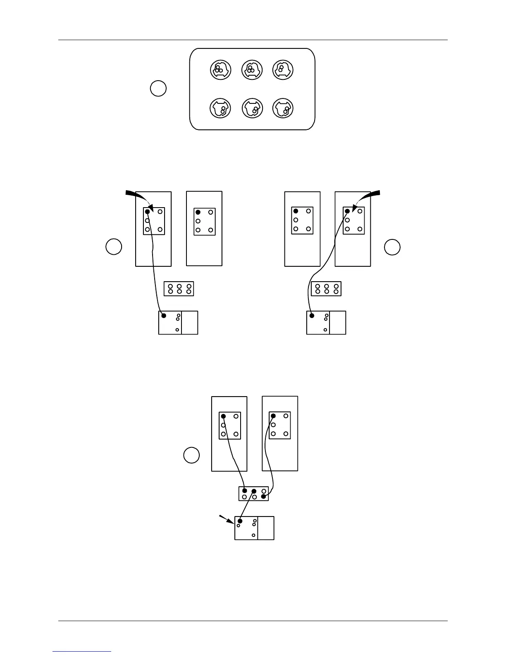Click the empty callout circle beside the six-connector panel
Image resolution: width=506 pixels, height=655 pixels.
(158, 88)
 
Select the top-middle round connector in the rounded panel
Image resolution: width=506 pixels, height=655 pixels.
(251, 69)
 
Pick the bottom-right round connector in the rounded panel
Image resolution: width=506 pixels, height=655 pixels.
(283, 109)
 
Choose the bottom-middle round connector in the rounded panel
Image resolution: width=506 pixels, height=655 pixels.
(251, 109)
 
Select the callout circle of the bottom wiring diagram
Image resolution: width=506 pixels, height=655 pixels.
(191, 455)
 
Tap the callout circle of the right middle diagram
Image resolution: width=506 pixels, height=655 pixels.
(392, 247)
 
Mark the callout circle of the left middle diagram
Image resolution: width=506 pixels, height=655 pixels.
(114, 246)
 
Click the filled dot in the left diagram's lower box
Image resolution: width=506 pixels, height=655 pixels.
(164, 316)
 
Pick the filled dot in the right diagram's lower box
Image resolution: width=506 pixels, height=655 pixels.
(312, 316)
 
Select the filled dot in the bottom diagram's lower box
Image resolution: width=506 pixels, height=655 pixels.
(240, 521)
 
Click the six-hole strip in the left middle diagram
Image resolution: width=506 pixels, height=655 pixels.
(179, 289)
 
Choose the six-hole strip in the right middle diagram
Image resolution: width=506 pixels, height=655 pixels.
(326, 289)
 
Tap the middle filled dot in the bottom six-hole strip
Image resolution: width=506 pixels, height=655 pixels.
(254, 491)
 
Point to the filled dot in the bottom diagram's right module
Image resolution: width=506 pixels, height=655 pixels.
(273, 416)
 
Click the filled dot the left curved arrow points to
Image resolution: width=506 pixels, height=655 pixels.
(147, 212)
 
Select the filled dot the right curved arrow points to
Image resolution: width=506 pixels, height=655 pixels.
(347, 211)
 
